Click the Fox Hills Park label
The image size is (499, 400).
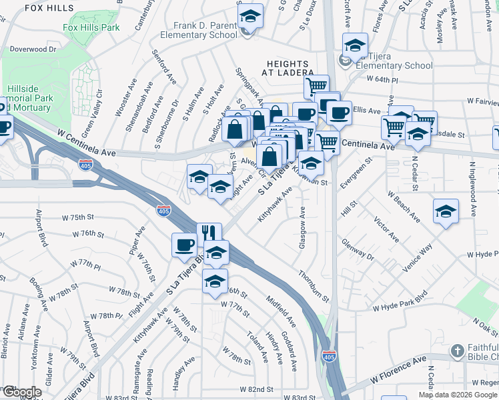coord(91,27)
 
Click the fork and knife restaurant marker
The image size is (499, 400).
coord(209,233)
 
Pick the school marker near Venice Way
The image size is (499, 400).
coord(445,212)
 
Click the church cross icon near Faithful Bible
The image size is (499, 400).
coord(457,351)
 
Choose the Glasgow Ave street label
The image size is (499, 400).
coord(302,228)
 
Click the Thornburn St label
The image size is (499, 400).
coord(314,285)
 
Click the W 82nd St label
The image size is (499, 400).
coord(258,389)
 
